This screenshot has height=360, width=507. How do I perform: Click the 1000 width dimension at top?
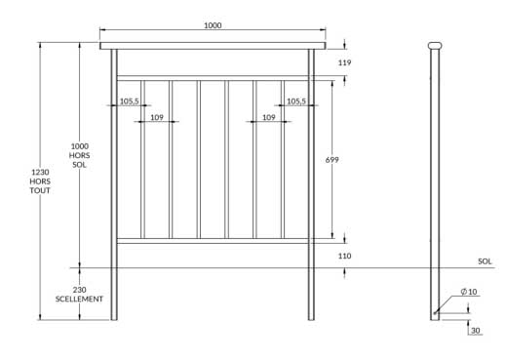click(212, 25)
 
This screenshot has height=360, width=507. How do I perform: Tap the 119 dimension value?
click(343, 62)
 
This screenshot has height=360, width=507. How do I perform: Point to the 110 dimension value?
click(343, 255)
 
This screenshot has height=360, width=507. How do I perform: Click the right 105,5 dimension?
click(295, 100)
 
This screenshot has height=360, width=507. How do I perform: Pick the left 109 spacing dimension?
click(157, 117)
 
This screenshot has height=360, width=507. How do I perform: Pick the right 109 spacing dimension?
click(267, 117)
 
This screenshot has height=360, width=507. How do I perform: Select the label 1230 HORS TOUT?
click(40, 180)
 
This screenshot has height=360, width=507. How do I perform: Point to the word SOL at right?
click(485, 261)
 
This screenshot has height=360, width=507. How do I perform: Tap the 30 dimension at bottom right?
click(476, 331)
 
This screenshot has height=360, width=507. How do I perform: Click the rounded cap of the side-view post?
click(435, 45)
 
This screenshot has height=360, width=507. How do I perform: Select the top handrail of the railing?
click(212, 45)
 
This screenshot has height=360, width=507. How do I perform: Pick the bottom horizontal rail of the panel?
click(212, 240)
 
